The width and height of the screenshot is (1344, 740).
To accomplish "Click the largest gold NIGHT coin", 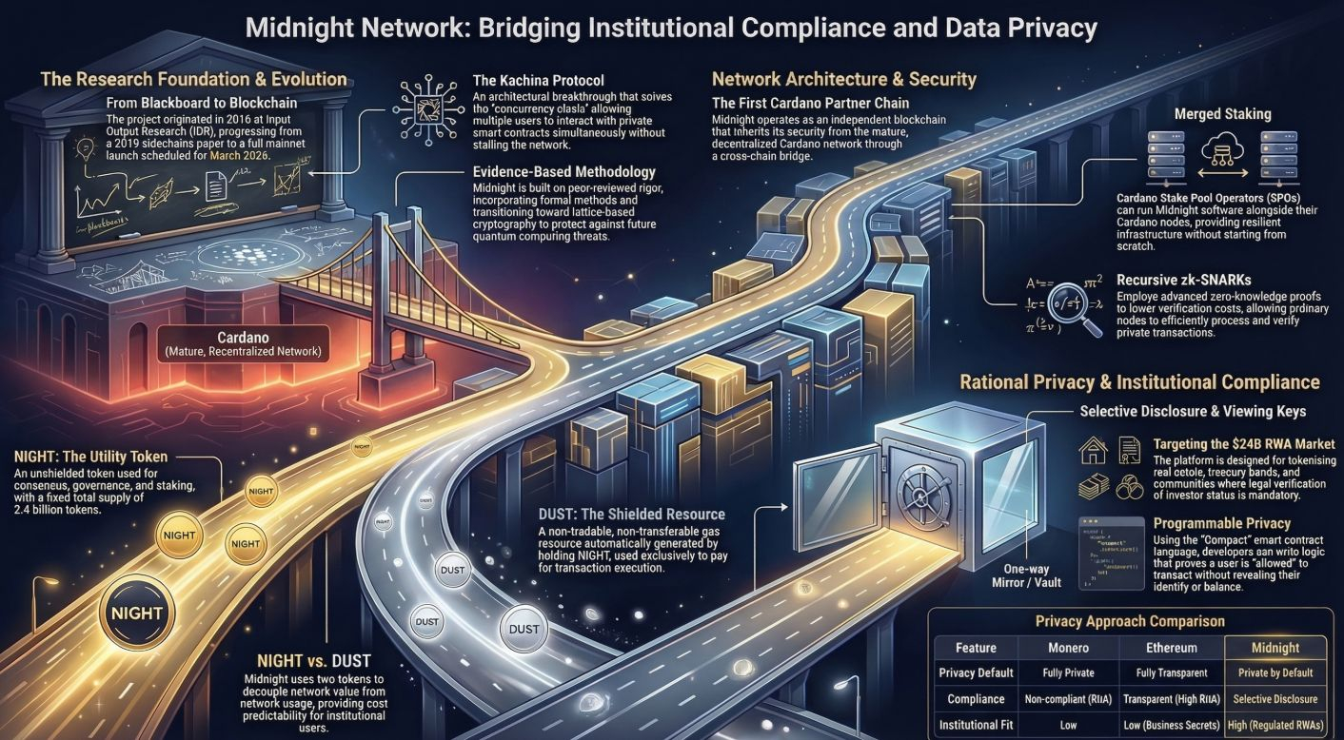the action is pyautogui.click(x=137, y=613).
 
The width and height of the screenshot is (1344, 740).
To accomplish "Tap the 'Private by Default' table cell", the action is pyautogui.click(x=1275, y=672).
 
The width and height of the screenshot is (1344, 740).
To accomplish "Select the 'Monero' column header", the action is pyautogui.click(x=1067, y=648).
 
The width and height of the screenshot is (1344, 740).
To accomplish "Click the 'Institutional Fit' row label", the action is pyautogui.click(x=976, y=724).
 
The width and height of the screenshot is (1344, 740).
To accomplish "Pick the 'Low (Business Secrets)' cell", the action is pyautogui.click(x=1172, y=724).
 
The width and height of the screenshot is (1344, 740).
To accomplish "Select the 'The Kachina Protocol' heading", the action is pyautogui.click(x=538, y=80).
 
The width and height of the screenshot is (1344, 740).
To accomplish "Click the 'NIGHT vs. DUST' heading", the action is pyautogui.click(x=313, y=660).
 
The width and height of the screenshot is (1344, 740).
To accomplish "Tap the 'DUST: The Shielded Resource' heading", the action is pyautogui.click(x=631, y=515).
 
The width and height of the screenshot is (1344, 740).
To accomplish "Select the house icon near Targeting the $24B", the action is pyautogui.click(x=1095, y=449).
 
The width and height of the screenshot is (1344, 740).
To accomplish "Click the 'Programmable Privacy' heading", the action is pyautogui.click(x=1221, y=523).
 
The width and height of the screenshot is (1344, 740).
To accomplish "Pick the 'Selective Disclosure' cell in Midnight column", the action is pyautogui.click(x=1275, y=699).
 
